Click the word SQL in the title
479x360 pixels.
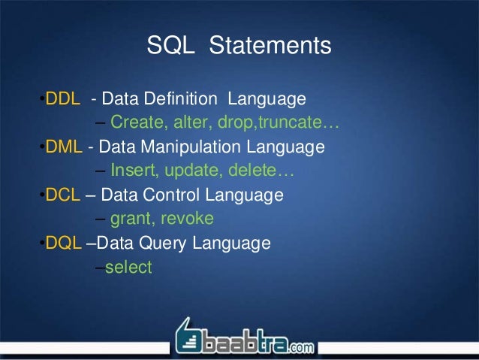click(170, 47)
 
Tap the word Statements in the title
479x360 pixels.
click(270, 47)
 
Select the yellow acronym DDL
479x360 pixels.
click(63, 99)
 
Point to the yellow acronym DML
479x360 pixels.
click(64, 147)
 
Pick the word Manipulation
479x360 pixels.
click(189, 147)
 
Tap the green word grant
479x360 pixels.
click(131, 219)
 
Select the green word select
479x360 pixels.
click(128, 267)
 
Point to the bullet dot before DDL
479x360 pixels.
click(43, 100)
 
